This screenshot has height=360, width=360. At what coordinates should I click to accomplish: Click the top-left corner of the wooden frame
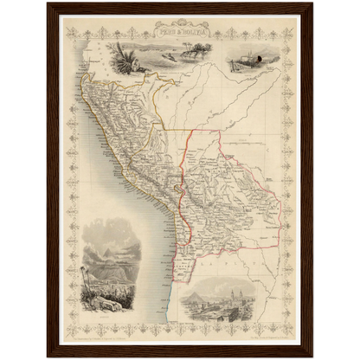(48, 5)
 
